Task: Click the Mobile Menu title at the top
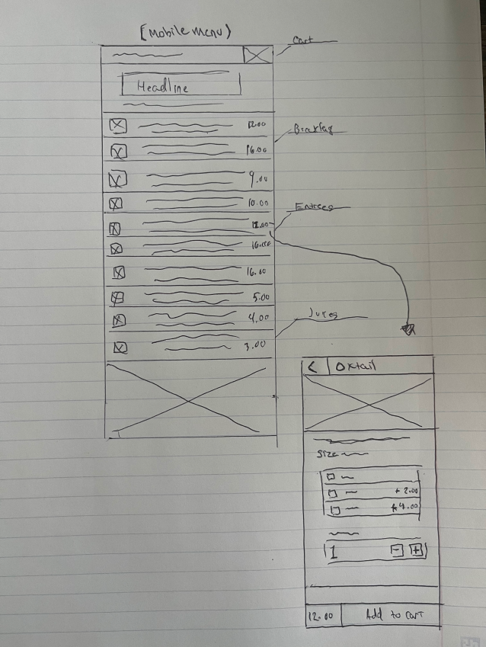coord(186,32)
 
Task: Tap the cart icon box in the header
coord(257,54)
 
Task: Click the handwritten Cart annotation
coord(303,41)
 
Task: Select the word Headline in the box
coord(162,87)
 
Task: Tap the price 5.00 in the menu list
coord(260,297)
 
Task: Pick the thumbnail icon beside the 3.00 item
coord(120,348)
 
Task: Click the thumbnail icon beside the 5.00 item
coord(119,298)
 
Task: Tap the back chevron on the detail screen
coord(312,367)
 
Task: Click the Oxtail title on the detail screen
coord(356,367)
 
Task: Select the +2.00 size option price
coord(408,491)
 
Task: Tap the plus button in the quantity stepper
coord(416,551)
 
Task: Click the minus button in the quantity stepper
coord(396,551)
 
